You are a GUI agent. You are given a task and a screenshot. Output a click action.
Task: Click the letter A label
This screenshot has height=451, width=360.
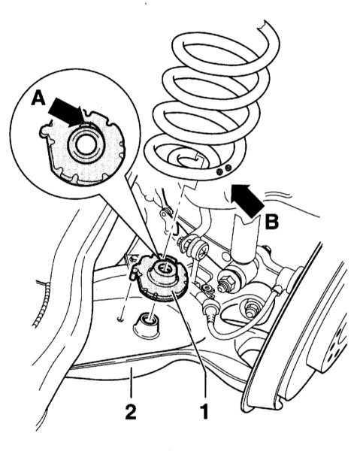click(38, 98)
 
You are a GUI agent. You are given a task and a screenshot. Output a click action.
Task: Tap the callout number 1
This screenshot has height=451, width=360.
click(204, 412)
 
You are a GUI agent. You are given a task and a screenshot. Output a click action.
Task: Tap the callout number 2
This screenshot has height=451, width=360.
click(131, 412)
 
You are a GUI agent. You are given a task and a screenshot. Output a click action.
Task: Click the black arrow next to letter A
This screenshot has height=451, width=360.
click(68, 113)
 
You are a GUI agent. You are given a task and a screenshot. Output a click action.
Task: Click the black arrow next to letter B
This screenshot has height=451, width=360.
click(247, 200)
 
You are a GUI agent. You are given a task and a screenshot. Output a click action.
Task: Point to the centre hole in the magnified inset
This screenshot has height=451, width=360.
click(84, 144)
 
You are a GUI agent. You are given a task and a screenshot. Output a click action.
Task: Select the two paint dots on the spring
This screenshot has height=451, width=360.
click(224, 169)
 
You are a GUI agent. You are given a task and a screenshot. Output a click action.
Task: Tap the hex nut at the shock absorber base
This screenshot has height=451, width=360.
click(225, 280)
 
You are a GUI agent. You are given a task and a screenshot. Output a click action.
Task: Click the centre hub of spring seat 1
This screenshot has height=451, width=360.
click(163, 269)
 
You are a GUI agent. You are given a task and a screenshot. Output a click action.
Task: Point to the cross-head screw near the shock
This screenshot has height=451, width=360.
click(204, 253)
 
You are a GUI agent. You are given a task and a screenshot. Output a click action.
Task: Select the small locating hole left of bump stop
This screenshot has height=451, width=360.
click(121, 319)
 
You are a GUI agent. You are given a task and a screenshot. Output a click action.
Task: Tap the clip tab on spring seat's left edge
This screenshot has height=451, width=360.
click(135, 272)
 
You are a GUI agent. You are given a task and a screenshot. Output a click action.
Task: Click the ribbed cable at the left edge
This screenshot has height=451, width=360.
click(41, 306)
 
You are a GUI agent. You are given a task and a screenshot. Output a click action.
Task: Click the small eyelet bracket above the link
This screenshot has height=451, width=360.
click(165, 214)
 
